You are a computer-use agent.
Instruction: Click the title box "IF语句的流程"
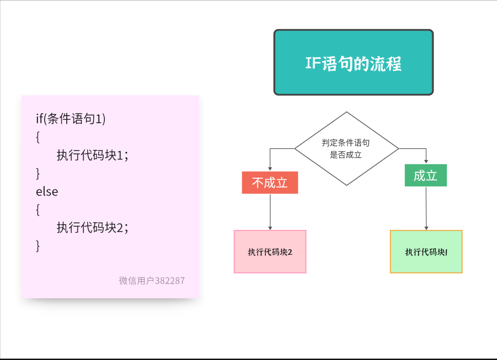(x=353, y=62)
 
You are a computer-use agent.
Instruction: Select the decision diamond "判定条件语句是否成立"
(x=346, y=149)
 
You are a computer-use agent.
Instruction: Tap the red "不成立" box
(x=270, y=182)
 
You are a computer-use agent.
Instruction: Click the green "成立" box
(x=426, y=175)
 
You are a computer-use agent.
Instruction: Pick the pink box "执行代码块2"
(x=270, y=252)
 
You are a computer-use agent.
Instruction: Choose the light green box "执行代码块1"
(x=426, y=252)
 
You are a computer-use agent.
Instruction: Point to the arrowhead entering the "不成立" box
(x=270, y=169)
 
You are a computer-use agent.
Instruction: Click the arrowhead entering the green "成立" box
(x=426, y=162)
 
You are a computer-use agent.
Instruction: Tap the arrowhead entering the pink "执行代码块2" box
(x=270, y=228)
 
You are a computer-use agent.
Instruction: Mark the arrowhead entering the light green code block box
(x=426, y=228)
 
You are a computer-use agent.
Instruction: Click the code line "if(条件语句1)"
(x=71, y=119)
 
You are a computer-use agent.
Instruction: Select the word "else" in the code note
(x=47, y=191)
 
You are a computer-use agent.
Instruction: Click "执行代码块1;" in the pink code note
(x=92, y=155)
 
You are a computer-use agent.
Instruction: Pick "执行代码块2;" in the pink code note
(x=92, y=228)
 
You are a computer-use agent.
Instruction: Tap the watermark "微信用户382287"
(x=152, y=281)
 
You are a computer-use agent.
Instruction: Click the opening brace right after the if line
(x=38, y=137)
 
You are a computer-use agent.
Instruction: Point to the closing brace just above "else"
(x=38, y=174)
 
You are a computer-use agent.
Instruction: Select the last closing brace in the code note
(x=38, y=246)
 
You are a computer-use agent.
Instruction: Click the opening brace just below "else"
(x=38, y=210)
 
